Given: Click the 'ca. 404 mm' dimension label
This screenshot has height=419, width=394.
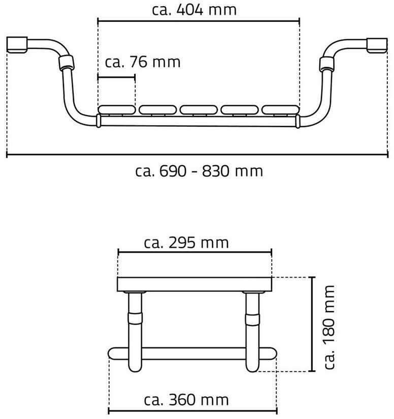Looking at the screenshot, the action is pos(194,10).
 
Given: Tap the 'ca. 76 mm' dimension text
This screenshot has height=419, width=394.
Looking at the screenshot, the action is pos(143,62).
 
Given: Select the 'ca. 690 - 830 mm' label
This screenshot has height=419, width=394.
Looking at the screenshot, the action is pos(199,171).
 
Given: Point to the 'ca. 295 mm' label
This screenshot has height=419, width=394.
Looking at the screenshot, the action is pos(186,243).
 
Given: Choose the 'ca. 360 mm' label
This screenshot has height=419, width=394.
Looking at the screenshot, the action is pos(186,400).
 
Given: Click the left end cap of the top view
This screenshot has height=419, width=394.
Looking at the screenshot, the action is pos(17,45).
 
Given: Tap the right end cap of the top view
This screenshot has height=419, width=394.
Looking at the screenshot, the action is pos(377,45).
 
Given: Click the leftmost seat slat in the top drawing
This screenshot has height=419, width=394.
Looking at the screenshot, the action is pos(117,109).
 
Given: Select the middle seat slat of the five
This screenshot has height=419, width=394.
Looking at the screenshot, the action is pos(199,109).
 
